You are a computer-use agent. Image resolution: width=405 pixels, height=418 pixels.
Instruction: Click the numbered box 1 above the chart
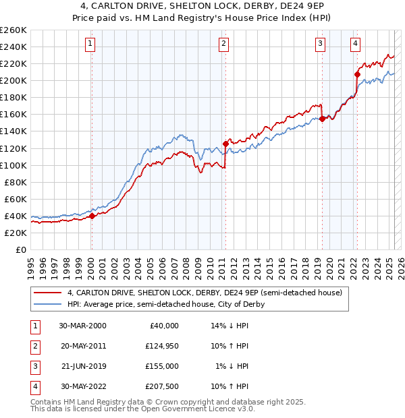coord(90,44)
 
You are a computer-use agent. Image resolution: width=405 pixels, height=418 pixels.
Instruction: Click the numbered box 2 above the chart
coord(223,44)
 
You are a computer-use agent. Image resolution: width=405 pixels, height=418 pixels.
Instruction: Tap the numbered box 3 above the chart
coord(320,44)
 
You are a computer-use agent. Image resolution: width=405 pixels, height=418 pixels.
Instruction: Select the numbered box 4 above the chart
coord(355,44)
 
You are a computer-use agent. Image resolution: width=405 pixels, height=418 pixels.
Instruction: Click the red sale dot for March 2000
coord(92,216)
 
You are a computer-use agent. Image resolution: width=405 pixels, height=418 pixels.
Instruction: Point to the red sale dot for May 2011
coord(225,144)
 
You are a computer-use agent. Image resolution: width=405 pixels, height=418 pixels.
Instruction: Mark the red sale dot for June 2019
coord(322,118)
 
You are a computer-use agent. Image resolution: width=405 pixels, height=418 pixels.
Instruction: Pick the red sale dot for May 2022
coord(357,74)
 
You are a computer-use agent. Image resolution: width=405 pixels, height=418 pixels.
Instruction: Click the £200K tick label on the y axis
coord(13,80)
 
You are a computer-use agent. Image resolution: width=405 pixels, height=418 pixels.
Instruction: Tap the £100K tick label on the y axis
coord(13,165)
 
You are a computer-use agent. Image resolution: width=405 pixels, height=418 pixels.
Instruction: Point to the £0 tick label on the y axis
coord(22,249)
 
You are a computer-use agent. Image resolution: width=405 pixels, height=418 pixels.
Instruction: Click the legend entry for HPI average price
coord(165,304)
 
